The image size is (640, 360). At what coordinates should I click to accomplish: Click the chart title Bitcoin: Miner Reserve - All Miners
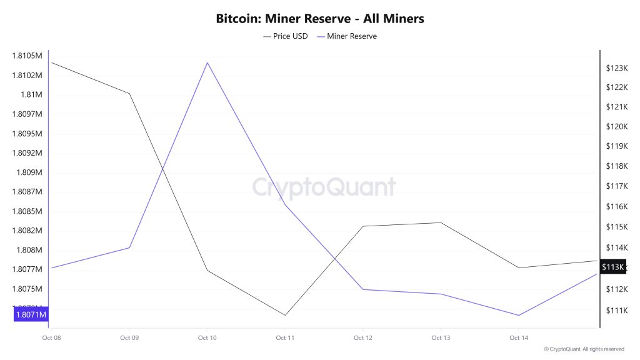click(x=320, y=19)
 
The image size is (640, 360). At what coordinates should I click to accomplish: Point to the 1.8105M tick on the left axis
click(x=27, y=56)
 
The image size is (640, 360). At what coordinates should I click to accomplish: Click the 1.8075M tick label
click(x=27, y=289)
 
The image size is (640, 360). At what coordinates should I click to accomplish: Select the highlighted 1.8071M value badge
click(x=31, y=314)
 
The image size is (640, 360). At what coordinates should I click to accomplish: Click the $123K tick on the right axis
click(x=616, y=67)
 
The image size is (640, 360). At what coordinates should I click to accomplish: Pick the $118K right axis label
click(x=616, y=166)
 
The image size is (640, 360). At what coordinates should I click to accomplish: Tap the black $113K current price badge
click(x=612, y=267)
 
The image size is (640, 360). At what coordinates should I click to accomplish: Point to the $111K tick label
click(x=616, y=311)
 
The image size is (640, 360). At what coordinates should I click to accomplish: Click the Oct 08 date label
click(x=51, y=338)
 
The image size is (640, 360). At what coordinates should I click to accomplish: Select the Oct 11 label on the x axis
click(x=285, y=338)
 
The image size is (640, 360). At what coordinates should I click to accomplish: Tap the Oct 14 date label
click(x=519, y=338)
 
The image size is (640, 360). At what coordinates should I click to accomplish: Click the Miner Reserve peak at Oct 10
click(x=207, y=62)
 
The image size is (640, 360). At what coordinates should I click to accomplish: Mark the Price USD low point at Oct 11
click(x=285, y=315)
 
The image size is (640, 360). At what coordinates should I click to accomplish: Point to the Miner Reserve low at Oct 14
click(x=519, y=315)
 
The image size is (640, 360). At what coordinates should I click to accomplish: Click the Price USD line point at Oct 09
click(x=129, y=94)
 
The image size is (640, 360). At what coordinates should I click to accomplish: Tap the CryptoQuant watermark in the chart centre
click(x=324, y=187)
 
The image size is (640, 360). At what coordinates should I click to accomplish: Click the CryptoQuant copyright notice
click(x=584, y=349)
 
